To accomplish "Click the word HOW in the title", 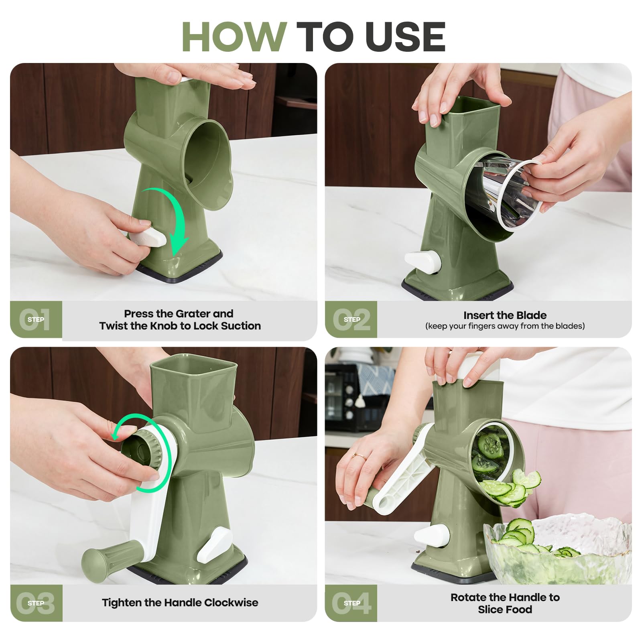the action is click(x=234, y=37).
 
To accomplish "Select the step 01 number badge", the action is click(x=36, y=319).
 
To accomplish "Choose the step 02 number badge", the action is click(x=351, y=319).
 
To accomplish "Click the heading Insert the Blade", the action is click(x=505, y=315).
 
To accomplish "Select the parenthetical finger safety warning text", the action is click(x=505, y=326).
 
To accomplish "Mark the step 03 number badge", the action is click(x=36, y=603).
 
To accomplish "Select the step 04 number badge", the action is click(x=351, y=603).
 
